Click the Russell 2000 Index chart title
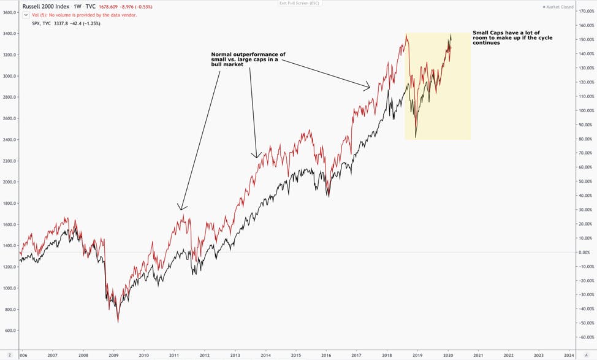pyautogui.click(x=46, y=7)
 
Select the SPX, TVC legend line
pyautogui.click(x=66, y=24)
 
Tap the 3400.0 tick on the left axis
pyautogui.click(x=10, y=34)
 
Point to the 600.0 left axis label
pyautogui.click(x=10, y=331)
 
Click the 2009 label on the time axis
pyautogui.click(x=113, y=355)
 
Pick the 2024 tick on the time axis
pyautogui.click(x=569, y=355)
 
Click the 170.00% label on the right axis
pyautogui.click(x=587, y=12)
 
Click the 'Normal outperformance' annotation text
pyautogui.click(x=248, y=59)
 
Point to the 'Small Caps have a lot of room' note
pyautogui.click(x=512, y=37)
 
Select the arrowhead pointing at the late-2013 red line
pyautogui.click(x=256, y=155)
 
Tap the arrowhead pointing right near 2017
pyautogui.click(x=367, y=86)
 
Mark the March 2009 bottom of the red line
pyautogui.click(x=118, y=323)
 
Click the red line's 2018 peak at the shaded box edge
pyautogui.click(x=406, y=36)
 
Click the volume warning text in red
pyautogui.click(x=85, y=15)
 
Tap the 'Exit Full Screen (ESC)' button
pyautogui.click(x=299, y=3)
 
